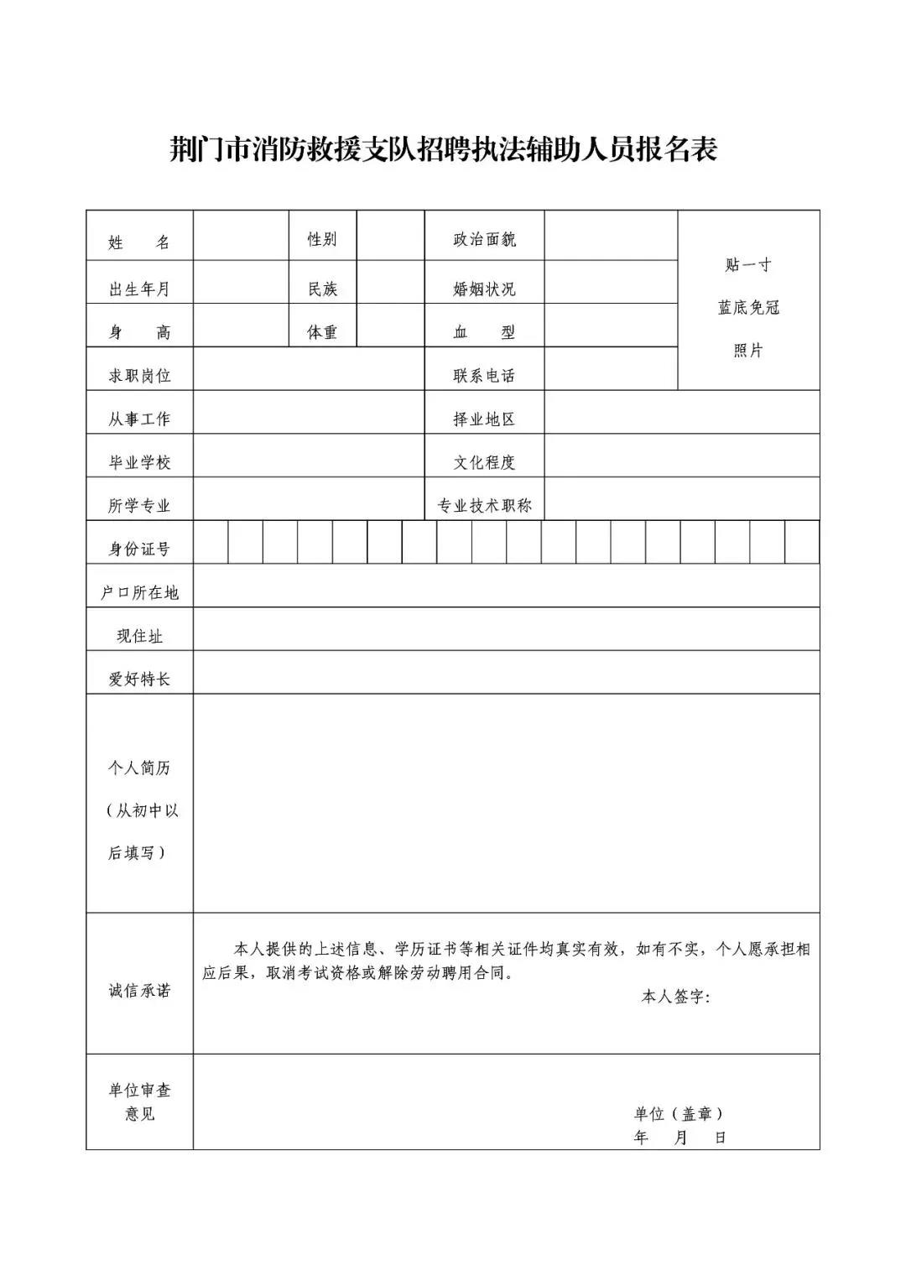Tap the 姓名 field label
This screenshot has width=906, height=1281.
pyautogui.click(x=139, y=242)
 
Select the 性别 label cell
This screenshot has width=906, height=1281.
pyautogui.click(x=322, y=239)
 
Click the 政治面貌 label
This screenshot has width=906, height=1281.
pyautogui.click(x=484, y=239)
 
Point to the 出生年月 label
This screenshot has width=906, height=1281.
pyautogui.click(x=139, y=289)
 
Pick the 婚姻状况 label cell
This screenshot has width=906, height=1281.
pyautogui.click(x=484, y=289)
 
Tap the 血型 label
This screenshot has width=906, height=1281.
pyautogui.click(x=484, y=332)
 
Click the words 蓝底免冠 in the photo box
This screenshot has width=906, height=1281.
pyautogui.click(x=748, y=308)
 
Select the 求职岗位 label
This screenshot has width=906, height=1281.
pyautogui.click(x=139, y=376)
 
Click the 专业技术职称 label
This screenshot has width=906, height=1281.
pyautogui.click(x=484, y=506)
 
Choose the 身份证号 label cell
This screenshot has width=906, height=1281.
pyautogui.click(x=139, y=549)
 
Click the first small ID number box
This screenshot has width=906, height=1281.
pyautogui.click(x=211, y=542)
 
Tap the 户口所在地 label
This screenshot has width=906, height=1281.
pyautogui.click(x=139, y=593)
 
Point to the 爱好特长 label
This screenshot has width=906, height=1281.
pyautogui.click(x=139, y=680)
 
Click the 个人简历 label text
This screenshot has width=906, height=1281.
pyautogui.click(x=139, y=768)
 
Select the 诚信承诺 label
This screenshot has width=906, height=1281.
pyautogui.click(x=139, y=991)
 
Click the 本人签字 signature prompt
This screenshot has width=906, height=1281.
pyautogui.click(x=675, y=997)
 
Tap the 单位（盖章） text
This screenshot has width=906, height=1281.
pyautogui.click(x=678, y=1113)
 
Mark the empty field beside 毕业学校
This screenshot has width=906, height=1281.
pyautogui.click(x=308, y=456)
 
